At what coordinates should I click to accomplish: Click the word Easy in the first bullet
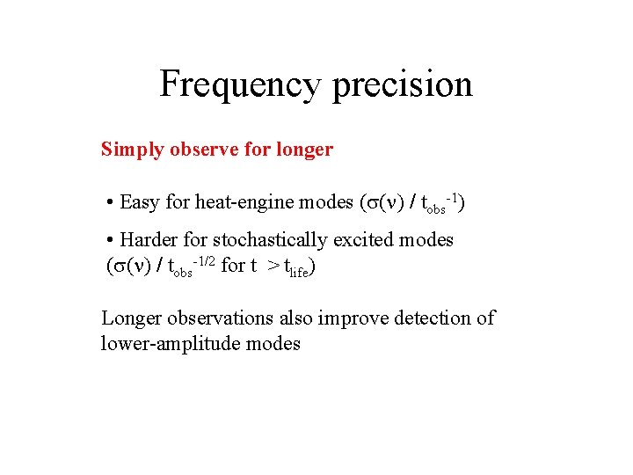tap(140, 203)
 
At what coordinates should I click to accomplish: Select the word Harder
tap(149, 239)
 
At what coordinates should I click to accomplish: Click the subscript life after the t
tap(298, 271)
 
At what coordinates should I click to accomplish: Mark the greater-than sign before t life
tap(273, 266)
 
